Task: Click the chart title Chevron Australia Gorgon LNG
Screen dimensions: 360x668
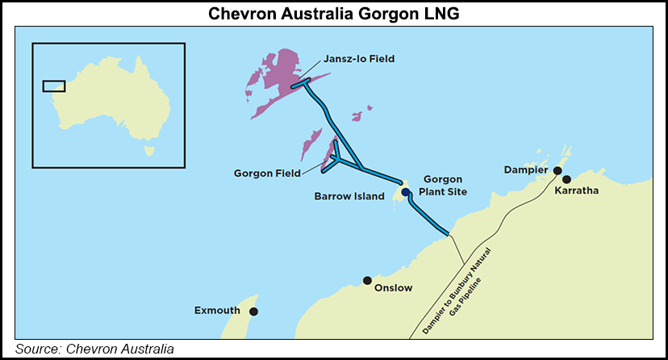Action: click(333, 14)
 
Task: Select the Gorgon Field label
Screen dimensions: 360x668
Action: click(267, 173)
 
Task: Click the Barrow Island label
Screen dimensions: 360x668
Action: click(349, 196)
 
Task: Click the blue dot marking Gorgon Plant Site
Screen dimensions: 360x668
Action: click(406, 192)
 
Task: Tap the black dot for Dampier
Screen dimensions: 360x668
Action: click(557, 171)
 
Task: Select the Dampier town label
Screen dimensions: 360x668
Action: click(526, 170)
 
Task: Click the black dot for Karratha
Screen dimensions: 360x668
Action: click(567, 179)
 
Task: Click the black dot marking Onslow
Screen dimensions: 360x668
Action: click(367, 281)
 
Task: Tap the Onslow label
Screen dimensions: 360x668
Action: click(394, 287)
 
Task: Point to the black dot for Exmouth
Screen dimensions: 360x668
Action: click(253, 312)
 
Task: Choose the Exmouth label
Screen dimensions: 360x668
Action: click(218, 310)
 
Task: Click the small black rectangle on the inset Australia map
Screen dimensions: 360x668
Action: click(54, 86)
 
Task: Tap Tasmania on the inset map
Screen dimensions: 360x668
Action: click(148, 149)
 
